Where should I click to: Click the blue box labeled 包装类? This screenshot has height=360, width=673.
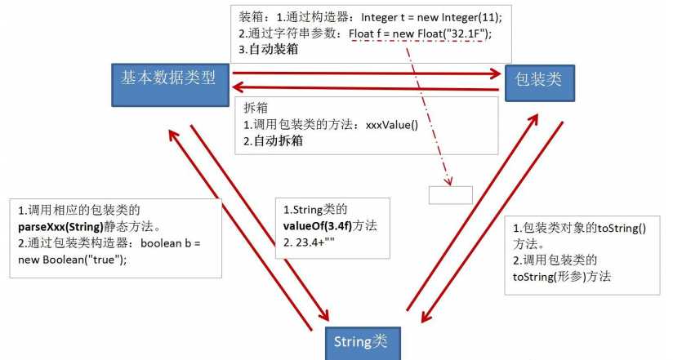tap(539, 79)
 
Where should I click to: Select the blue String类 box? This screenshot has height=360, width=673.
tap(359, 341)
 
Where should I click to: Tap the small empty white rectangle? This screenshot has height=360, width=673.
tap(450, 195)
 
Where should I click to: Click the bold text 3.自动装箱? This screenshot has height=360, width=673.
tap(269, 50)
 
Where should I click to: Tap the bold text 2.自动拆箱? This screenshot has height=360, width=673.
tap(274, 141)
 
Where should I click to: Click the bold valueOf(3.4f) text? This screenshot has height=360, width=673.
tap(325, 225)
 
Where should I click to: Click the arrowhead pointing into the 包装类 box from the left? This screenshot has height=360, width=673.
tap(495, 73)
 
